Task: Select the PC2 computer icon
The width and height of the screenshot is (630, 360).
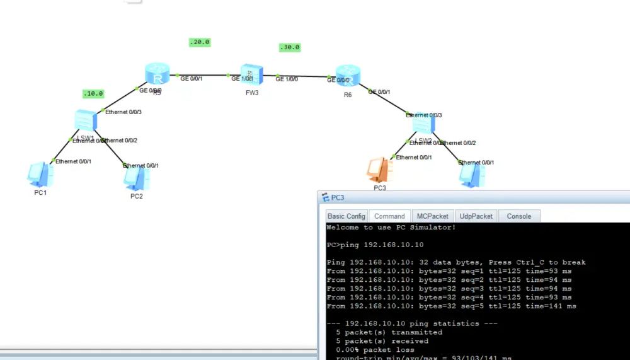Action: tap(136, 179)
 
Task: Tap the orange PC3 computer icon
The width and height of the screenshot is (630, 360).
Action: tap(380, 169)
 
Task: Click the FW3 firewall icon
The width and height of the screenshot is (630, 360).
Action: tap(250, 75)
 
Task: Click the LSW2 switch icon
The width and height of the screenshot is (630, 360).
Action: tap(423, 124)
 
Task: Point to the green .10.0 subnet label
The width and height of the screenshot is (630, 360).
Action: tap(93, 93)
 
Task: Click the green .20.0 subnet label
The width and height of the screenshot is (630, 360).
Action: tap(199, 42)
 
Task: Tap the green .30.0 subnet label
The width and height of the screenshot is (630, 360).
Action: tap(290, 47)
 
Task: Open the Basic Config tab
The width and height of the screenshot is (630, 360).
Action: tap(346, 216)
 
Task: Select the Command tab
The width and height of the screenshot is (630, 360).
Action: tap(389, 216)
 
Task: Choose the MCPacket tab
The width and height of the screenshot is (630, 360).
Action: tap(432, 216)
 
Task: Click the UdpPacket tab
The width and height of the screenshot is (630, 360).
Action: tap(476, 216)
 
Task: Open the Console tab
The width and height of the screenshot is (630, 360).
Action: tap(519, 216)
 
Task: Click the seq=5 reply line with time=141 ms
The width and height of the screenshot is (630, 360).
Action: tap(451, 306)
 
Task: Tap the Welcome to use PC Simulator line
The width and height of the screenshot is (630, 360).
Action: tap(391, 228)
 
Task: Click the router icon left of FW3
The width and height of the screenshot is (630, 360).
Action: tap(157, 74)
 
